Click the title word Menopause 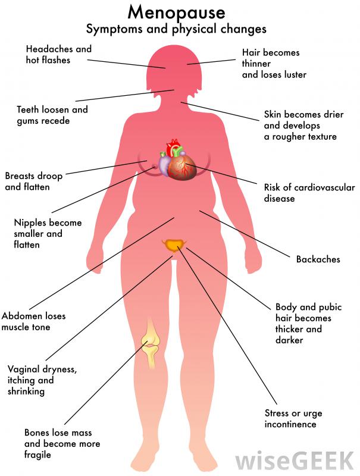176,12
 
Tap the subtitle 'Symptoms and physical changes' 176,29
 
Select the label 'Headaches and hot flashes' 58,54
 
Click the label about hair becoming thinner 274,63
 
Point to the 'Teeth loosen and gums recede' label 52,115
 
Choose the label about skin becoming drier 300,125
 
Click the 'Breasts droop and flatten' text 33,181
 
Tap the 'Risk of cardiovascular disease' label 309,193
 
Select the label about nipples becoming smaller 48,233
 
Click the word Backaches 318,259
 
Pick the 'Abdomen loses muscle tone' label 33,321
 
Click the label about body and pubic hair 303,324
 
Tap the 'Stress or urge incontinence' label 290,418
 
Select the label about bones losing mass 62,443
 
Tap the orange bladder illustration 174,245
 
